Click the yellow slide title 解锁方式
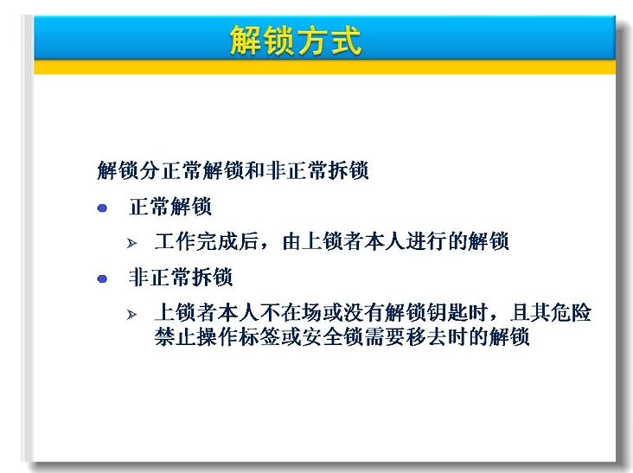(296, 41)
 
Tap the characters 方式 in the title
(329, 41)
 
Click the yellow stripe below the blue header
(324, 67)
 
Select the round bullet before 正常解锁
(102, 208)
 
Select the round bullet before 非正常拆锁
(102, 279)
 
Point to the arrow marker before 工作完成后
(131, 243)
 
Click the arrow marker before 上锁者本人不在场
(131, 315)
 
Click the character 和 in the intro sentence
(255, 169)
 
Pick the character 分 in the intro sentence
(150, 169)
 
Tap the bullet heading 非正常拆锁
(181, 278)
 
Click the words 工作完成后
(207, 241)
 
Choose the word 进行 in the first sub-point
(426, 241)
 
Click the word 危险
(572, 312)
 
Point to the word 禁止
(176, 336)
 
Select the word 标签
(259, 336)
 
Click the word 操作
(217, 336)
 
